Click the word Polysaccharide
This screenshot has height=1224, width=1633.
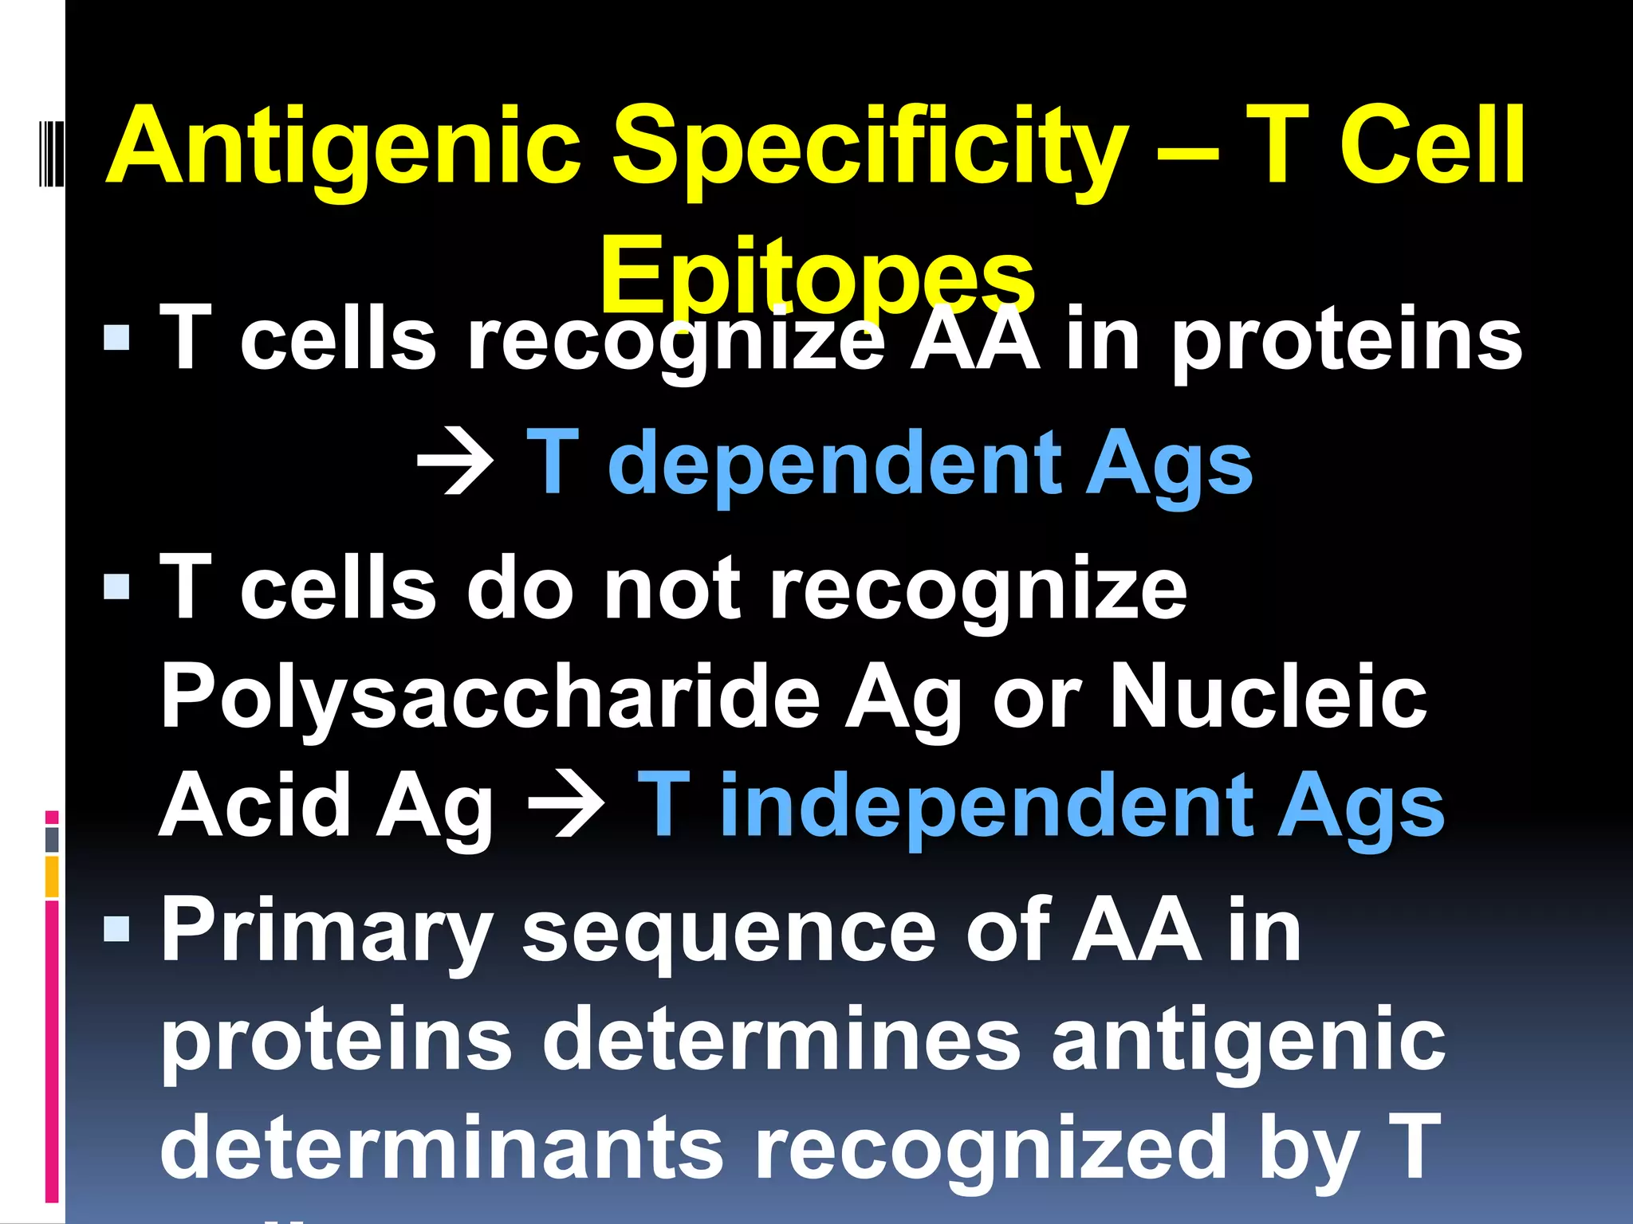[x=490, y=697]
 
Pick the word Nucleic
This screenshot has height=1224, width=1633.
[x=1268, y=697]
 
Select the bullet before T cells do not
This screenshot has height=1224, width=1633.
[x=116, y=587]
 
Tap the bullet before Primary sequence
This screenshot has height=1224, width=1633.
[x=116, y=928]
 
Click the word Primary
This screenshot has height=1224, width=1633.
[x=327, y=932]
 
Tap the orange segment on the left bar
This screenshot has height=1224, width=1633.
[x=52, y=877]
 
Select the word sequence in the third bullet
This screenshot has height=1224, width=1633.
[x=729, y=932]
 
